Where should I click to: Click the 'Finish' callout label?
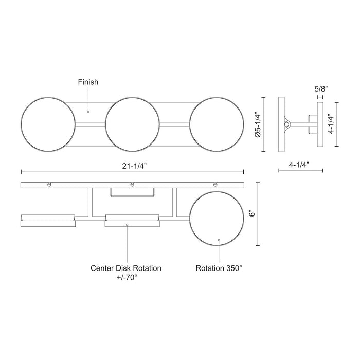(88, 82)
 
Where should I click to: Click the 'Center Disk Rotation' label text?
(126, 268)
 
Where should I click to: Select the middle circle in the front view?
(132, 125)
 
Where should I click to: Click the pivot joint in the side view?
(287, 124)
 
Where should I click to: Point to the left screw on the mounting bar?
(49, 184)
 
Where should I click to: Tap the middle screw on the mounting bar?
(132, 184)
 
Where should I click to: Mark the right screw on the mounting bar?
(215, 184)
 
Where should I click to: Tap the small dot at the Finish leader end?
(88, 111)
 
